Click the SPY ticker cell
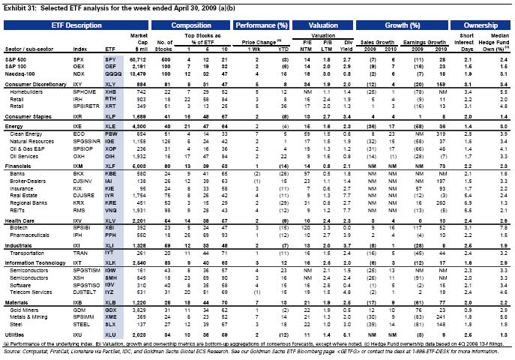pos(110,58)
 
